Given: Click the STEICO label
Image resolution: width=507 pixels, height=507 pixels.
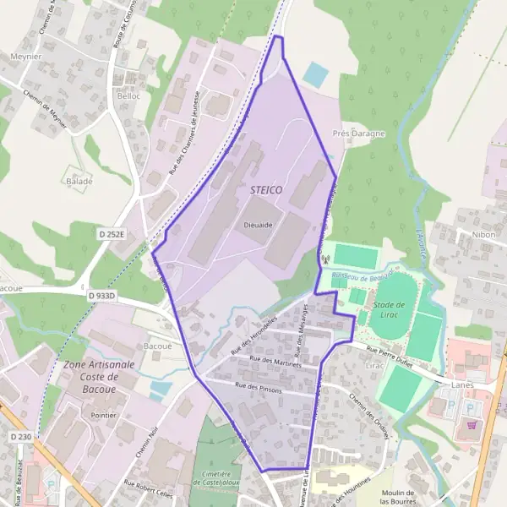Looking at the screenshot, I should tap(266, 190).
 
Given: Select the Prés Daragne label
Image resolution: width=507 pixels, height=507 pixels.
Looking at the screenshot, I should tap(358, 134).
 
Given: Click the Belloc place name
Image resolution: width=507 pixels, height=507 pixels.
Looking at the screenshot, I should tap(129, 97).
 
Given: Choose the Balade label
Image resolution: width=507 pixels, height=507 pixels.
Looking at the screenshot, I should tap(79, 181).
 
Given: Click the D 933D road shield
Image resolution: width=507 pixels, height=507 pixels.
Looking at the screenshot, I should tap(101, 296).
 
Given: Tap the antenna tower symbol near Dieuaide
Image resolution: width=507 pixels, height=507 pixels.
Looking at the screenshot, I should tap(323, 260).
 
